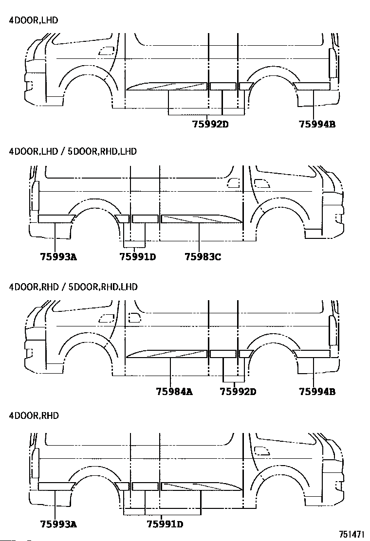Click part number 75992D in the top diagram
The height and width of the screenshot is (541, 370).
[x=210, y=124]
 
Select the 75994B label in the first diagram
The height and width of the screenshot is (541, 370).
[x=317, y=124]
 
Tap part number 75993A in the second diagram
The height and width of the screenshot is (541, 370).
[x=59, y=257]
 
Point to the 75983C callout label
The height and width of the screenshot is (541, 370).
[x=203, y=257]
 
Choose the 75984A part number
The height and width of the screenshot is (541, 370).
[x=174, y=392]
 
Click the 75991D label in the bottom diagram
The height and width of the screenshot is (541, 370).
[x=165, y=524]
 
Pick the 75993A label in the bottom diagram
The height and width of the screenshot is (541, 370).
[x=59, y=524]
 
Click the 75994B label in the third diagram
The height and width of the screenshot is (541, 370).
[x=317, y=392]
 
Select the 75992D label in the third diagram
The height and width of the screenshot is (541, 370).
[x=238, y=392]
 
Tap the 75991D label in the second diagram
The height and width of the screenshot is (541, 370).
[x=138, y=257]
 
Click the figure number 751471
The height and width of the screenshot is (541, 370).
[x=351, y=535]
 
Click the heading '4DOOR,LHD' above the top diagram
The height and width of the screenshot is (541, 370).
[x=34, y=20]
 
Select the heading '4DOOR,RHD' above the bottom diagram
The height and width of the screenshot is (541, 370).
[x=34, y=415]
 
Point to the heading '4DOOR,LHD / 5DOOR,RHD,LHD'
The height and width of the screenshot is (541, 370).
[x=73, y=151]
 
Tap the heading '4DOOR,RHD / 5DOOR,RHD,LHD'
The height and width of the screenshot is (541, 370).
[x=73, y=287]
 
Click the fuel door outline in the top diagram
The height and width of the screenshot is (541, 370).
[x=106, y=51]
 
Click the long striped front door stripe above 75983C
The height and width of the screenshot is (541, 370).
[x=202, y=219]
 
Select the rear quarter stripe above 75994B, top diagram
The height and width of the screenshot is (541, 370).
[x=312, y=86]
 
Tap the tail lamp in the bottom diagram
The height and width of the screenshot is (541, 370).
[x=35, y=463]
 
